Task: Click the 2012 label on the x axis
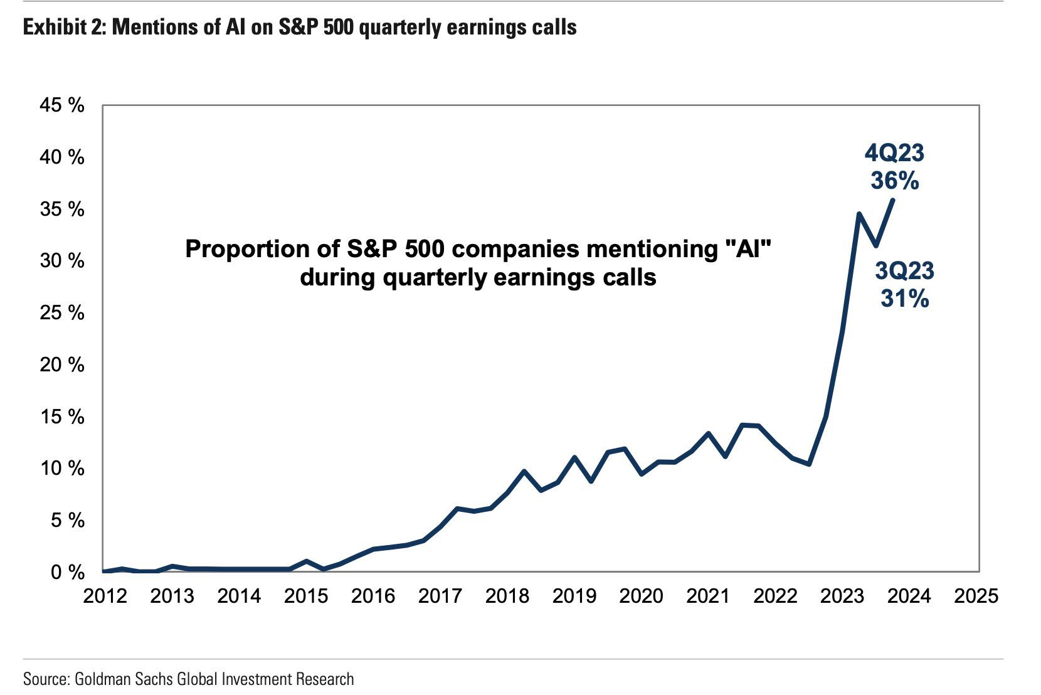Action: point(105,596)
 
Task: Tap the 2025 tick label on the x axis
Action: point(976,596)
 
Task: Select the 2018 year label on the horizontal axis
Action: point(507,596)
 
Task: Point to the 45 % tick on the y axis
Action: point(62,105)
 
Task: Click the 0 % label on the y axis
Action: point(67,572)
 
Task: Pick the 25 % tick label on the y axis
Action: point(62,312)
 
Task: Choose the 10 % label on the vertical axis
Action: point(62,468)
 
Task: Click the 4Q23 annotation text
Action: point(894,153)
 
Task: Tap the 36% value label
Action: point(894,181)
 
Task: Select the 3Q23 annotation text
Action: point(904,271)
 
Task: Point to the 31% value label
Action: point(904,299)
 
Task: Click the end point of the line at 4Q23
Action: point(893,199)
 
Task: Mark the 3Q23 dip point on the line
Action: point(876,245)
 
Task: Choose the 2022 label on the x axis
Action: point(775,596)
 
